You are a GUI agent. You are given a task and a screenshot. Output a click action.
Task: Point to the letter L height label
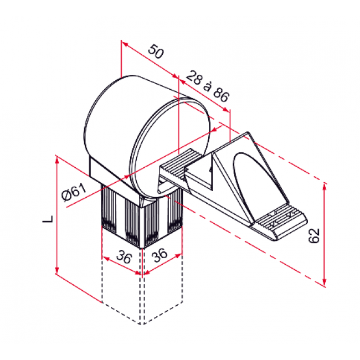(49, 218)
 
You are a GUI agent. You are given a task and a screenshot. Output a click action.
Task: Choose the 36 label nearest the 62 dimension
(161, 256)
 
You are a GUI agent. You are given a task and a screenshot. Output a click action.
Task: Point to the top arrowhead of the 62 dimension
(324, 185)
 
